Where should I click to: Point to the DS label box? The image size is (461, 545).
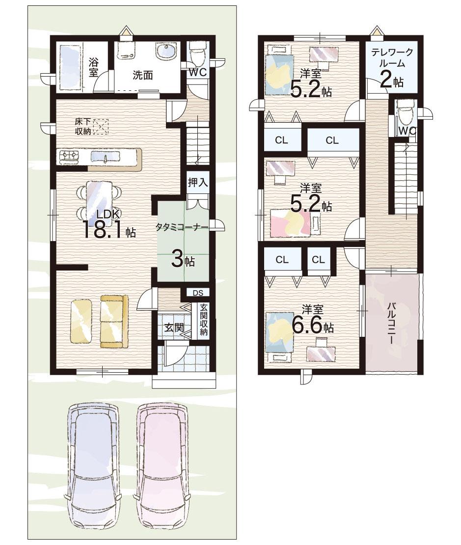198,293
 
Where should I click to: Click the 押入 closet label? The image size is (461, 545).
198,183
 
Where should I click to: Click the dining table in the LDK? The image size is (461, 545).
99,201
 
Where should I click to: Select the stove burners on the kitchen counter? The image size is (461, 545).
70,156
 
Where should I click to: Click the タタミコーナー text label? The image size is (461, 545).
182,228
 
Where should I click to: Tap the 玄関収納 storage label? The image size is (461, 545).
204,320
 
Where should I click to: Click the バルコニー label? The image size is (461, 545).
392,324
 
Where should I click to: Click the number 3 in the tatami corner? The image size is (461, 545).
177,260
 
